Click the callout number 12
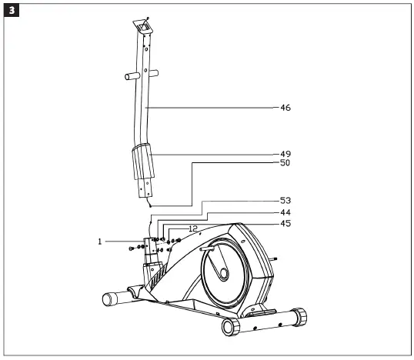click(193, 228)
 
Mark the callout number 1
click(100, 242)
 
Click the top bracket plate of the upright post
click(142, 25)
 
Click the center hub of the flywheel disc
click(222, 273)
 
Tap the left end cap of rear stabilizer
click(229, 327)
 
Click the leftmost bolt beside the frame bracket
click(132, 248)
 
